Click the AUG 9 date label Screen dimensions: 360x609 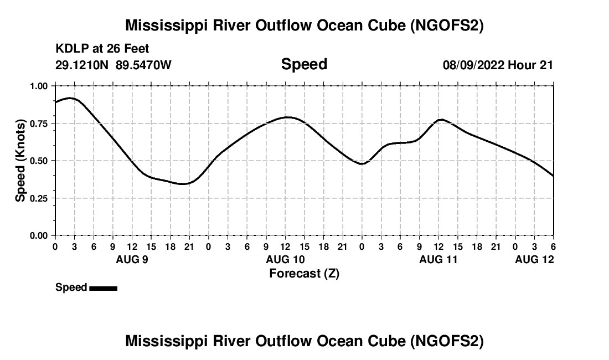pyautogui.click(x=132, y=259)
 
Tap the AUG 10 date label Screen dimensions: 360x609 pyautogui.click(x=286, y=259)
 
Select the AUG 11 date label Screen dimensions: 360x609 pyautogui.click(x=439, y=259)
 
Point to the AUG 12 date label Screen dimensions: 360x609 pyautogui.click(x=534, y=259)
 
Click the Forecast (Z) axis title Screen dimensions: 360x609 pyautogui.click(x=304, y=274)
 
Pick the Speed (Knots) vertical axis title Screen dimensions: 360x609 pyautogui.click(x=20, y=161)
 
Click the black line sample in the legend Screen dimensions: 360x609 pyautogui.click(x=103, y=288)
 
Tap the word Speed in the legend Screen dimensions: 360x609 pyautogui.click(x=71, y=287)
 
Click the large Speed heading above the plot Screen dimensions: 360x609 pyautogui.click(x=304, y=64)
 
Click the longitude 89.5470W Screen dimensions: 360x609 pyautogui.click(x=143, y=65)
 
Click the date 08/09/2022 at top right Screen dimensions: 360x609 pyautogui.click(x=473, y=65)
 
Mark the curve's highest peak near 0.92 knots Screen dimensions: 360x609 pyautogui.click(x=70, y=98)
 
